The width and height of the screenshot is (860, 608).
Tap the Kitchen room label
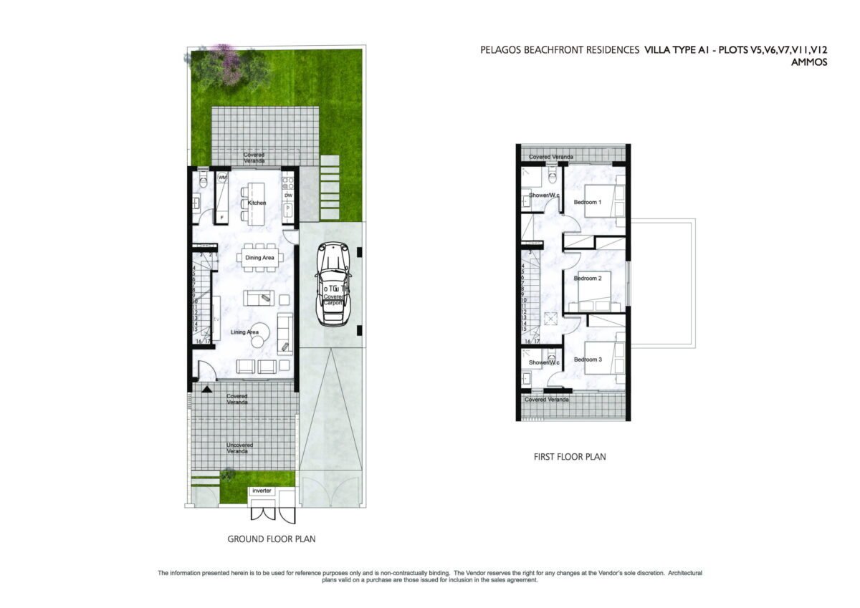point(257,203)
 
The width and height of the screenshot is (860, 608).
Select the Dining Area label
point(259,257)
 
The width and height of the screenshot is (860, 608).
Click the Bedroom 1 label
point(588,203)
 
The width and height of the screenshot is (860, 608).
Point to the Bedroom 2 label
point(587,278)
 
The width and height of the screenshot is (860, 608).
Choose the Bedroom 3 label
point(588,359)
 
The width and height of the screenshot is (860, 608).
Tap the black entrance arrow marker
point(207,389)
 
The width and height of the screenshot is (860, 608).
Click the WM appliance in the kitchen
point(222,177)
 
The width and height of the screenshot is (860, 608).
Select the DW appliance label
point(288,195)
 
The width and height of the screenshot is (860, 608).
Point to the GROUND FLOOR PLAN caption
point(272,539)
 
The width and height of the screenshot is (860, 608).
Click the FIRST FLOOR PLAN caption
point(570,456)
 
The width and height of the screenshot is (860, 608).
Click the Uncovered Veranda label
point(240,448)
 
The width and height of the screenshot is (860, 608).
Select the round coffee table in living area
point(259,332)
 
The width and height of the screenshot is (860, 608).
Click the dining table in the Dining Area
point(259,262)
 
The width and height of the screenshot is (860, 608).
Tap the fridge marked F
point(222,216)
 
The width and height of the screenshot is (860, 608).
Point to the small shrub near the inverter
point(229,473)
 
